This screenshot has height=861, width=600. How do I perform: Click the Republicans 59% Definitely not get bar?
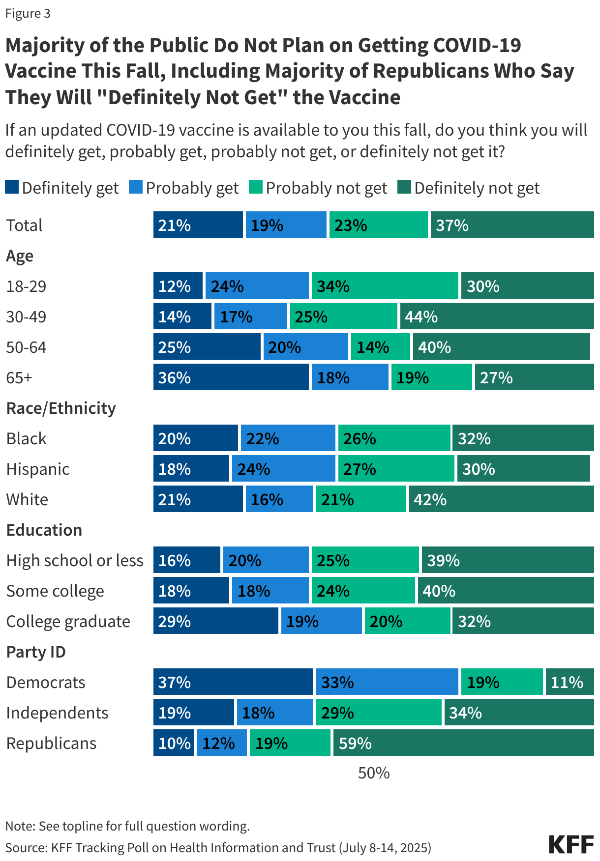(463, 743)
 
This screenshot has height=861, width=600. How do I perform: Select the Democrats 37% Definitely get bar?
(233, 682)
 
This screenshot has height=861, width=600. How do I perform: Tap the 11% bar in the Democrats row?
(569, 682)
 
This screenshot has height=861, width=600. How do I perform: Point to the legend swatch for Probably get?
(136, 187)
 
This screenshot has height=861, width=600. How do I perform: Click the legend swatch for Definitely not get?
(404, 187)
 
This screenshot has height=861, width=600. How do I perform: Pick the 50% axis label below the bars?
(374, 773)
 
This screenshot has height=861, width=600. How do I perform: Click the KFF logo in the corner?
(571, 844)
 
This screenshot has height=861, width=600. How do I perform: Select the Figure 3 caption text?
(28, 13)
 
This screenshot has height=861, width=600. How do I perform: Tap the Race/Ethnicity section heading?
(61, 408)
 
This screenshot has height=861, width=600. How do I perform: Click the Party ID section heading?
(36, 652)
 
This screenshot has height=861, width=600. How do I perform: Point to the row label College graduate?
(68, 621)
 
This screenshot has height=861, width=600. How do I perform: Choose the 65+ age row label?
(19, 377)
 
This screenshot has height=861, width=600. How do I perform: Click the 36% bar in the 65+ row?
(231, 377)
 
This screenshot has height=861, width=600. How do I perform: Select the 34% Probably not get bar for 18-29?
(385, 286)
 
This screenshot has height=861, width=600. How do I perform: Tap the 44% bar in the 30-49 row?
(497, 316)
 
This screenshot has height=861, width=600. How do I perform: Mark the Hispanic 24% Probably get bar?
(283, 468)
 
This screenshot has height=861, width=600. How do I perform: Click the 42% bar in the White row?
(501, 499)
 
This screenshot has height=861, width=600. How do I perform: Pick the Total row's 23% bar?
(378, 225)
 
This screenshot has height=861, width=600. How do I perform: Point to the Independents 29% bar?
(378, 712)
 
